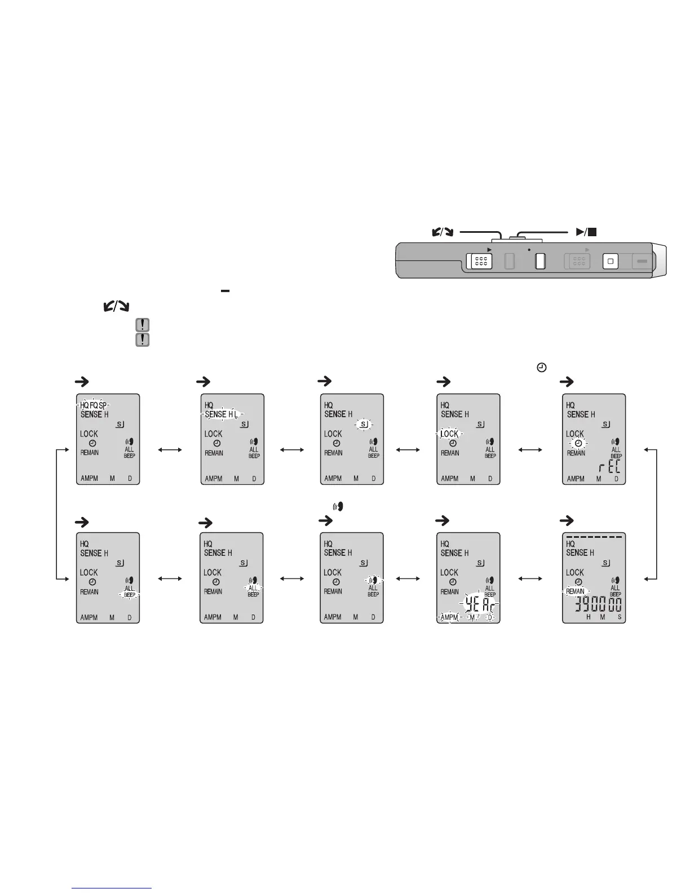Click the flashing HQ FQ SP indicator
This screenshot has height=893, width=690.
coord(93,405)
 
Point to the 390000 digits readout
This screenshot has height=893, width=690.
coord(598,605)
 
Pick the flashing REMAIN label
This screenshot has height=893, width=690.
coord(575,591)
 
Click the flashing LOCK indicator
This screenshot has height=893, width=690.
coord(449,434)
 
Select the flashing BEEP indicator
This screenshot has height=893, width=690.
coord(130,595)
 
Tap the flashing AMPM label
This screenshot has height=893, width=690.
coord(449,617)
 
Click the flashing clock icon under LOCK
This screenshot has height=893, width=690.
coord(578,444)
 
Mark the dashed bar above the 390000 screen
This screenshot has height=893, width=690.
coord(594,537)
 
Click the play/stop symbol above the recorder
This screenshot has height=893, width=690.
coord(586,231)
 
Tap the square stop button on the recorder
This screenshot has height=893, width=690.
coord(610,262)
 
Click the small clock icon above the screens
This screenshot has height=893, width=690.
coord(541,368)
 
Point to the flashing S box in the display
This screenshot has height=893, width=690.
coord(364,424)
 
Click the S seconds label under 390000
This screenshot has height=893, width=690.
coord(619,617)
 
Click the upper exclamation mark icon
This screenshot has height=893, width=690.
coord(143,325)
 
